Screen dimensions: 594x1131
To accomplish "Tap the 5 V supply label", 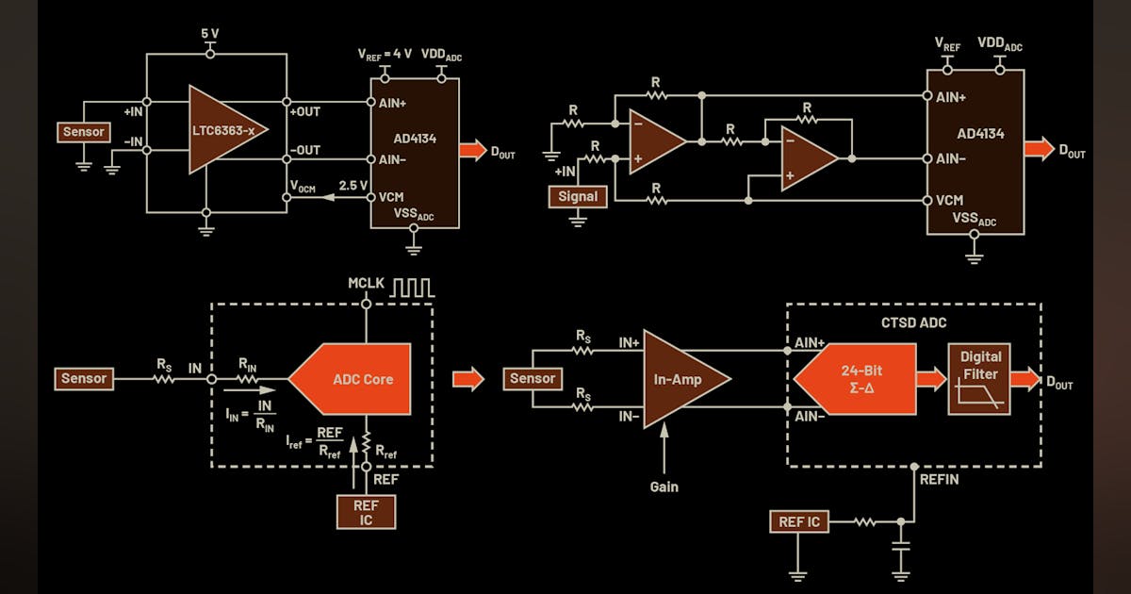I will [209, 33].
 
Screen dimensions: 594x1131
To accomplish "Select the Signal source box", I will [578, 196].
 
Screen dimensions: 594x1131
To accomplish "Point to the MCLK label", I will [367, 282].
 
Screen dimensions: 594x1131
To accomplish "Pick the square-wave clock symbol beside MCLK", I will [414, 285].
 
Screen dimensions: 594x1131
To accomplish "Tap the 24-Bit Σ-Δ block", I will [857, 379].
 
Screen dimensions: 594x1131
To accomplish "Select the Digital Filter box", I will [980, 379].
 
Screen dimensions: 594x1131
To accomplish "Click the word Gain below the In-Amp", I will [664, 487].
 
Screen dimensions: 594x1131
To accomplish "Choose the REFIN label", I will [940, 479].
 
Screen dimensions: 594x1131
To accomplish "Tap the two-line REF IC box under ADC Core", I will [366, 512].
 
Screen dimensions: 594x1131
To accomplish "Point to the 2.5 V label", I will [352, 185].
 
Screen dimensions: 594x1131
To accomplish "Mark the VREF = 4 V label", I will [385, 54].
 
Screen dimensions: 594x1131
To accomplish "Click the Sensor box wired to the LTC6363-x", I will [83, 132].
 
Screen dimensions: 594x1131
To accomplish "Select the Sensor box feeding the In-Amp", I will [533, 379].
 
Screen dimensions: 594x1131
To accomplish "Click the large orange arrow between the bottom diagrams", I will [468, 379].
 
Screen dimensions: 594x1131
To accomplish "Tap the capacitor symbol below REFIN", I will [901, 547].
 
